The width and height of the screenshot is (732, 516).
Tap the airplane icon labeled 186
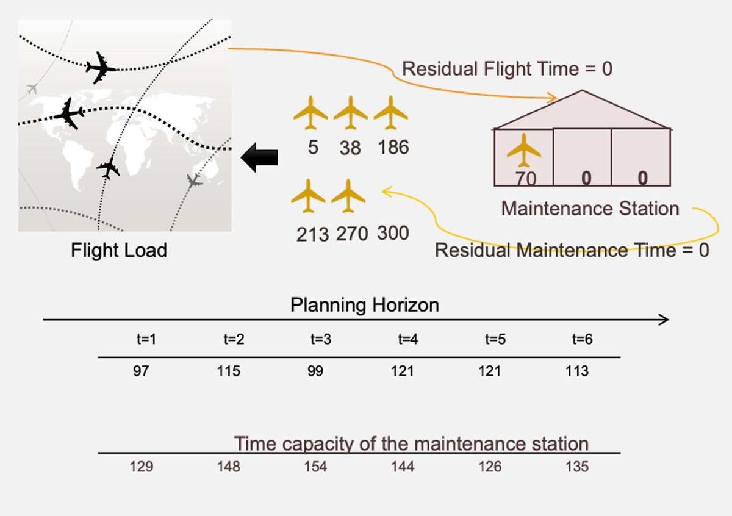[390, 113]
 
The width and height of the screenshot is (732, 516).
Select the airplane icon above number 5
[310, 113]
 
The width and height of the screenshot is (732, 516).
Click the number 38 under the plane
[350, 148]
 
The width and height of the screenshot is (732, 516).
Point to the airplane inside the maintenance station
[523, 151]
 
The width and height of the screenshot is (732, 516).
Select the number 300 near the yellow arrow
[393, 233]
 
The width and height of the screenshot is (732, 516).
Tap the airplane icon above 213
[309, 196]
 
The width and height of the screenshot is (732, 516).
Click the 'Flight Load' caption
[119, 250]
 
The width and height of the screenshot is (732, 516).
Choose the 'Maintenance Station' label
[590, 209]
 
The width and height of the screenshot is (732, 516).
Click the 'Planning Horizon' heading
[365, 305]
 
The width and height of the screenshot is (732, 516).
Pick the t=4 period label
[404, 340]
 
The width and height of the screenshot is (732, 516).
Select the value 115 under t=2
[229, 371]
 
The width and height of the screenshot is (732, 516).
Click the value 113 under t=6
[576, 371]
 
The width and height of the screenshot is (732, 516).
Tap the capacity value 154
[316, 467]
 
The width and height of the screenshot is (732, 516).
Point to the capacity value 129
[142, 467]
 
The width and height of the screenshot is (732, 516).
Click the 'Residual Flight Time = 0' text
[507, 69]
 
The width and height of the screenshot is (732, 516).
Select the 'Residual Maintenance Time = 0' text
[572, 250]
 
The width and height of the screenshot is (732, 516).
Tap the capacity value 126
[490, 467]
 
